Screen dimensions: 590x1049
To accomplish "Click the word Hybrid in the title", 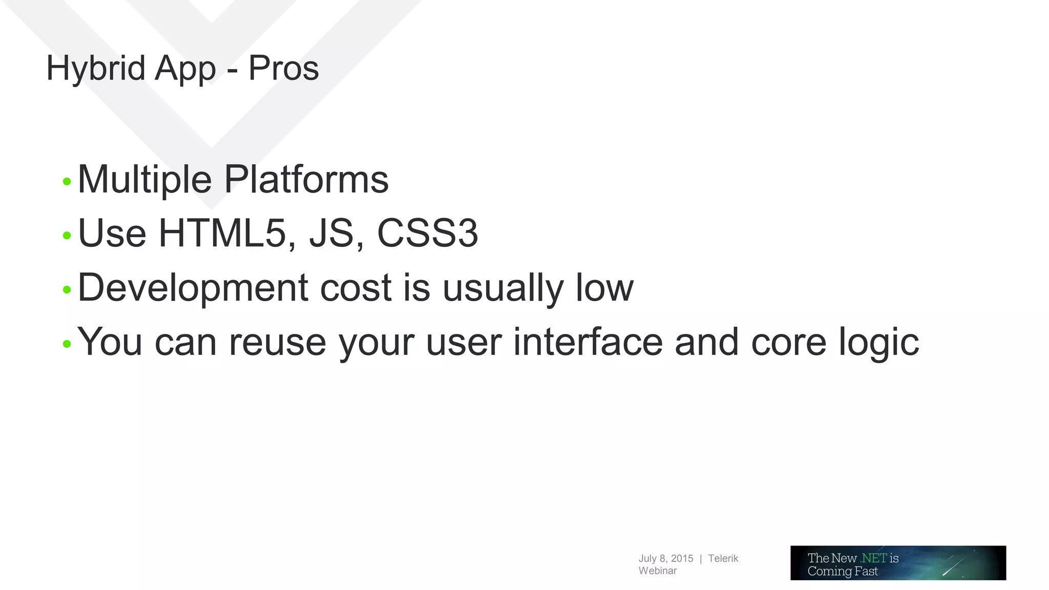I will [95, 69].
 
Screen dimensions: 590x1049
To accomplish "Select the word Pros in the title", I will [283, 69].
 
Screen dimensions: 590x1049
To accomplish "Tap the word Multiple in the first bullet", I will [144, 180].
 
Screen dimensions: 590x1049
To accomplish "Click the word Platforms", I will [306, 180].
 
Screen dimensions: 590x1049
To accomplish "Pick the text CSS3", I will [427, 234].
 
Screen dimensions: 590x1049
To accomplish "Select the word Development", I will [193, 288].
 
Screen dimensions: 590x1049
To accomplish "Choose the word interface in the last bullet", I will [588, 342].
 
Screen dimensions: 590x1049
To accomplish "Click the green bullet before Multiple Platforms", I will [67, 181].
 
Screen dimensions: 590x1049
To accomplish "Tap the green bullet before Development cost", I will [67, 290].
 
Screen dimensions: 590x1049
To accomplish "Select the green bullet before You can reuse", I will [67, 344].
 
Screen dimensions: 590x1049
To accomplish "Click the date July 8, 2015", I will [665, 559].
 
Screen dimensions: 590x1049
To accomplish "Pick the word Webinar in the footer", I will [657, 571].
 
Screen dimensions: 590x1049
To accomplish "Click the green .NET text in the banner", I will [873, 558].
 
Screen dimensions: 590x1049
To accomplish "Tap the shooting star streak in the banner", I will [953, 566].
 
